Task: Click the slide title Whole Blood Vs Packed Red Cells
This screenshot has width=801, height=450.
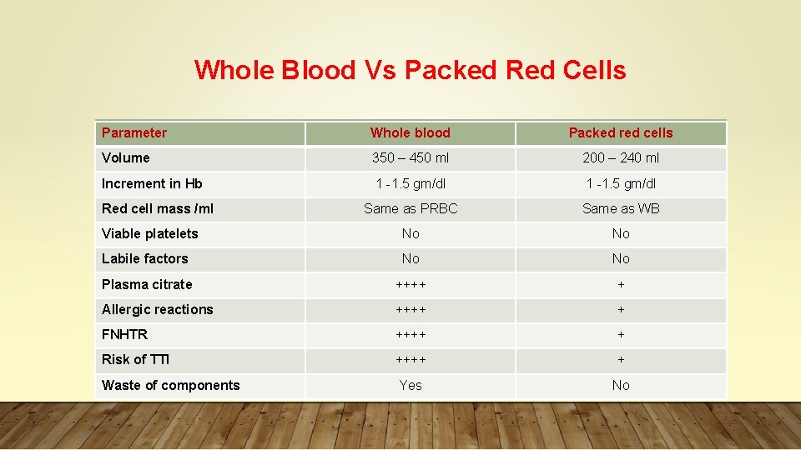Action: point(410,70)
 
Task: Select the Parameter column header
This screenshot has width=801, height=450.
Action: point(134,133)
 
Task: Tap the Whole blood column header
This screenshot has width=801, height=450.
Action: point(410,133)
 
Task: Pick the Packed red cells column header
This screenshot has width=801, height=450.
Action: point(620,133)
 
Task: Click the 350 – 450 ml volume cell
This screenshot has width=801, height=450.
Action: point(410,158)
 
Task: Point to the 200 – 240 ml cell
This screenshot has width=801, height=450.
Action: point(620,158)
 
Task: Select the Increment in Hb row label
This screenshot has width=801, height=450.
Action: point(152,183)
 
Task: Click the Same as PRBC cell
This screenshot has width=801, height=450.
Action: point(410,208)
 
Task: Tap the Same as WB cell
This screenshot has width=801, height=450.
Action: point(620,208)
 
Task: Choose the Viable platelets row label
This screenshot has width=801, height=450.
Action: point(150,234)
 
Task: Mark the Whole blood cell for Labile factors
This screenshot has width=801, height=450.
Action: point(410,259)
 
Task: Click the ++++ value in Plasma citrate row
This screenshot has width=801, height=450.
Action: point(410,284)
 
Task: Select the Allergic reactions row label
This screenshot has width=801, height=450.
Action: point(158,309)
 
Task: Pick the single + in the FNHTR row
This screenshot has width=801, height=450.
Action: point(620,334)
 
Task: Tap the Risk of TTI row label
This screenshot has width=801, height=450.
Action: point(136,360)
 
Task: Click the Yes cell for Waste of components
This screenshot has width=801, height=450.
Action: point(410,385)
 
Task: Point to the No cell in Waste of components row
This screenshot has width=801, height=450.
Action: point(620,385)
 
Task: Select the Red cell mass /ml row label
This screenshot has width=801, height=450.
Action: point(158,208)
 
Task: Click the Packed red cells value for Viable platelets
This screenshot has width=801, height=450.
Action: point(620,234)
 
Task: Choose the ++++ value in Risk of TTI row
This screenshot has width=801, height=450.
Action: point(410,360)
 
